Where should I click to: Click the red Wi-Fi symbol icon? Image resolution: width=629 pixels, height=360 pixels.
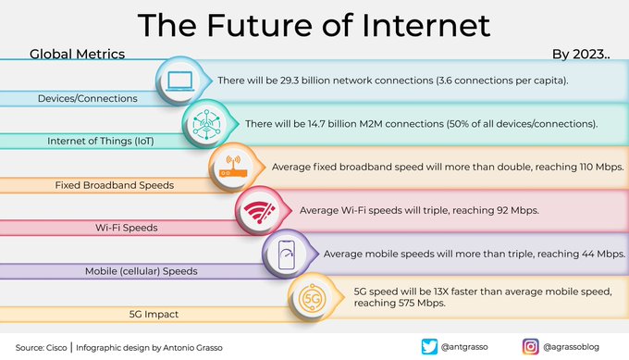point(254,212)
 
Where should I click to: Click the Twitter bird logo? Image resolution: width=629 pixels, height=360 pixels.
point(429,347)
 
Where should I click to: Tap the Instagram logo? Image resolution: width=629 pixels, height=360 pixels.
point(530,347)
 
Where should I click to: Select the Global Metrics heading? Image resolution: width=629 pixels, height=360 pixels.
point(77,55)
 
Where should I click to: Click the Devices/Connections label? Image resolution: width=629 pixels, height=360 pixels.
point(87,98)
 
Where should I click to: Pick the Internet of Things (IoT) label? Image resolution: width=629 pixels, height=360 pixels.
point(100,142)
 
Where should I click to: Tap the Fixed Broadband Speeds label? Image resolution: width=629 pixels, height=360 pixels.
point(115,185)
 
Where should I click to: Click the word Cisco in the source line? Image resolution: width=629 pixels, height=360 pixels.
point(55,348)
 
